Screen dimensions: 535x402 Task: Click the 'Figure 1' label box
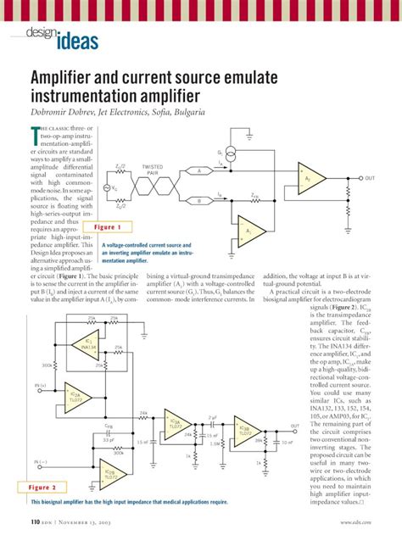coord(109,227)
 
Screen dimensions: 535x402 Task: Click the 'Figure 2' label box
coord(42,488)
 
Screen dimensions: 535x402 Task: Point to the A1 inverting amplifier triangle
coord(248,231)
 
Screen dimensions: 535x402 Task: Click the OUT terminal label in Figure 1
coord(370,178)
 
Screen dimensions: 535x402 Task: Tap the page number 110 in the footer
coord(36,521)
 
